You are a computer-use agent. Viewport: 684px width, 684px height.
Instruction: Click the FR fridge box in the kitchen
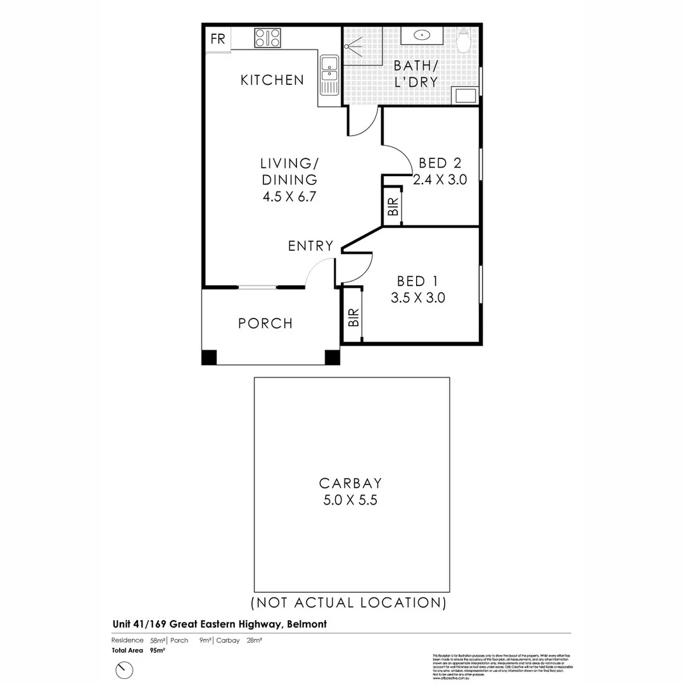tap(217, 38)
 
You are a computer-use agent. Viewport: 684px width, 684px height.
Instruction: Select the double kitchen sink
tap(329, 75)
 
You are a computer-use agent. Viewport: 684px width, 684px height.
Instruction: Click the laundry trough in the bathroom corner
tap(466, 96)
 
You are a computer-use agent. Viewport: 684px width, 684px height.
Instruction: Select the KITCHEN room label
tap(272, 80)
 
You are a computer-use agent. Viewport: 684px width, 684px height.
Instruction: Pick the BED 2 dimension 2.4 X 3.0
tap(440, 179)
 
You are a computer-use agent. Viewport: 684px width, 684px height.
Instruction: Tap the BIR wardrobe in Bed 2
tap(393, 206)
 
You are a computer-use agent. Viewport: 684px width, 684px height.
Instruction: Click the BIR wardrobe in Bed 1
tap(352, 316)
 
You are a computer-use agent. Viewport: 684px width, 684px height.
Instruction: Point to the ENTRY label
tap(310, 246)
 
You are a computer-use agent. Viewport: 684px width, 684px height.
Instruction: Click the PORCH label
tap(265, 324)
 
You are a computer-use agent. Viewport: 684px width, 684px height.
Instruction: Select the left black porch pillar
tap(209, 357)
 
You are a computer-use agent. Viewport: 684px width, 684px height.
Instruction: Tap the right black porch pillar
tap(332, 357)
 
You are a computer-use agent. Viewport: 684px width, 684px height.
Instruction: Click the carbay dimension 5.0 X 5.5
tap(351, 499)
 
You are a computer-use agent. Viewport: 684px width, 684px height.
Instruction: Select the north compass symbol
tap(125, 669)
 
